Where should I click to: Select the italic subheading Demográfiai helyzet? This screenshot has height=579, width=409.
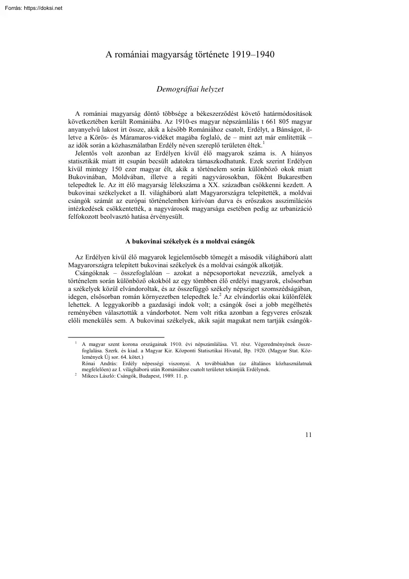[190, 90]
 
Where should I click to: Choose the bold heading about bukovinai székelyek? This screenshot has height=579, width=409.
[190, 241]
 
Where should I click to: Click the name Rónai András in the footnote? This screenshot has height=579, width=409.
[97, 362]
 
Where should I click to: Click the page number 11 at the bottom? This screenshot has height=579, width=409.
[309, 435]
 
